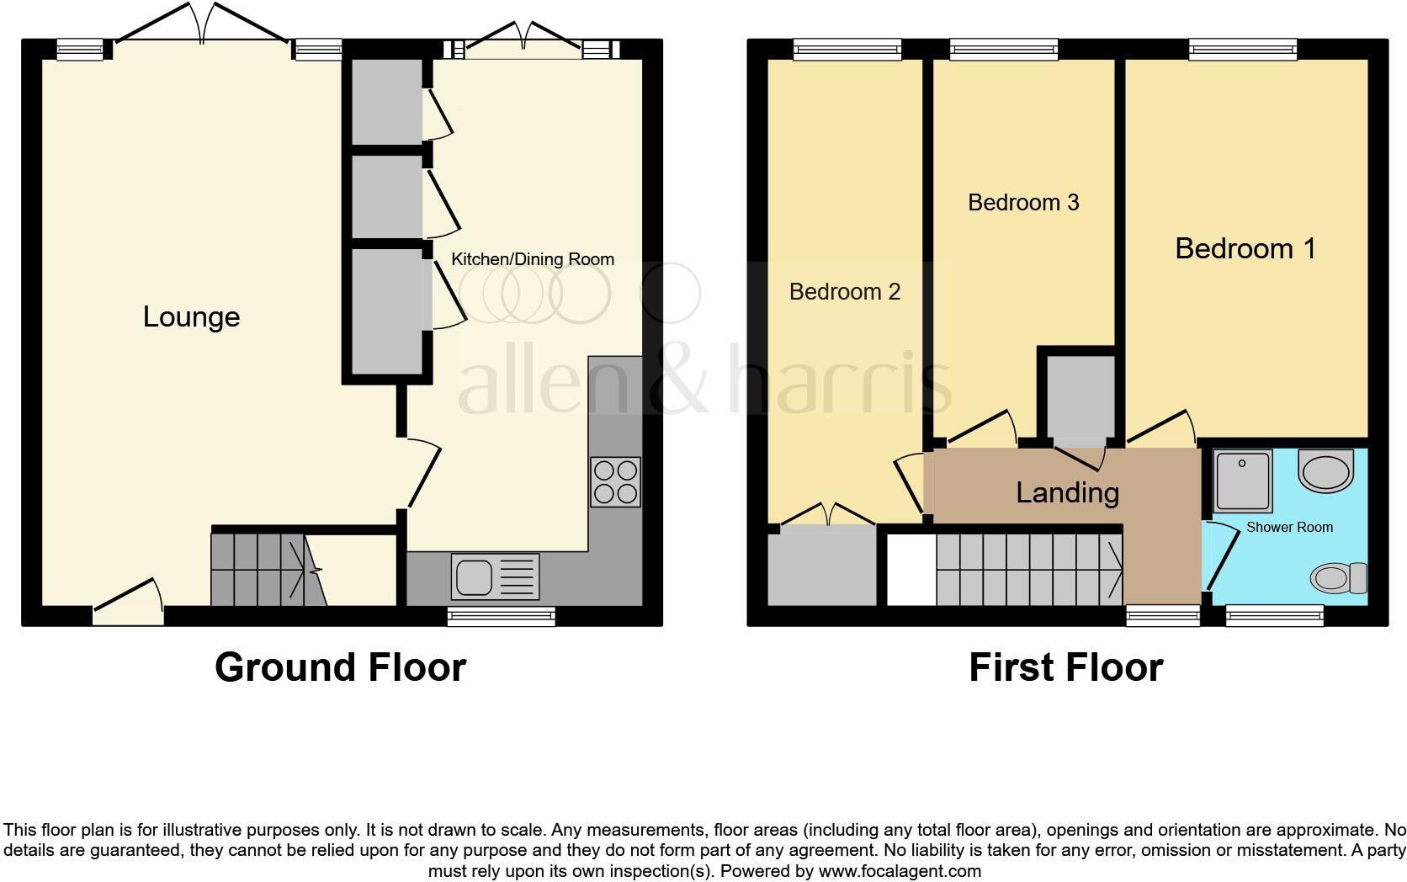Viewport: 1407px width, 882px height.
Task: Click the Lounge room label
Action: coord(191,317)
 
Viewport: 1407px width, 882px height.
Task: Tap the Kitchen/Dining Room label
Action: coord(533,259)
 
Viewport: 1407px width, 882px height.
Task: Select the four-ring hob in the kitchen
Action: coord(615,481)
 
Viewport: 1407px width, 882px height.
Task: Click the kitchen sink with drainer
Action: coord(496,576)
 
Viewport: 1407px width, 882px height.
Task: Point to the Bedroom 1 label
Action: coord(1245,248)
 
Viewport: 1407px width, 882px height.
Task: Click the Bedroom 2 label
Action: coord(844,292)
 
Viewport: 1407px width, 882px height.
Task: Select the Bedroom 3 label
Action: coord(1023,203)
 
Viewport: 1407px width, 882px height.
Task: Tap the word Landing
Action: coord(1067,492)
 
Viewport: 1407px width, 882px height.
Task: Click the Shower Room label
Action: coord(1289,528)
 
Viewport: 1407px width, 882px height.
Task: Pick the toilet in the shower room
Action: coord(1338,578)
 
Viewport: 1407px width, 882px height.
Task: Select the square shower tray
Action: coord(1242,481)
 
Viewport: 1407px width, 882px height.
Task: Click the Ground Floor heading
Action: coord(340,667)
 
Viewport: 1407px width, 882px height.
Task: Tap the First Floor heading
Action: coord(1065,667)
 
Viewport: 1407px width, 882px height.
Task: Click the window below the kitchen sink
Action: coord(501,617)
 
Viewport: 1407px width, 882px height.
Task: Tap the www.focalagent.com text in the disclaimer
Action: coord(899,871)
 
